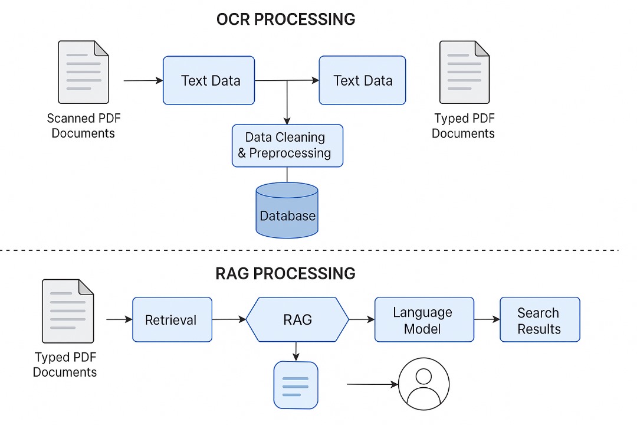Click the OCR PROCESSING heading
click(285, 19)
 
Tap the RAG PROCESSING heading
click(285, 274)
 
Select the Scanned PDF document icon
click(83, 72)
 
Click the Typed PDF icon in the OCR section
click(464, 72)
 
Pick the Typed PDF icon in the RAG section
click(68, 311)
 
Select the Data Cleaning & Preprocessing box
click(287, 145)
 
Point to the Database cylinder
click(287, 211)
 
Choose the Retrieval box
click(172, 319)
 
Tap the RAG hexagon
click(297, 319)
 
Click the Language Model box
click(424, 319)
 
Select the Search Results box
click(540, 319)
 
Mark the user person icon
click(423, 384)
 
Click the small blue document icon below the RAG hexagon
click(296, 385)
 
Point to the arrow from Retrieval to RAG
click(229, 319)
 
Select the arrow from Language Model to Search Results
click(487, 319)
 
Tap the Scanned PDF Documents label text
click(83, 126)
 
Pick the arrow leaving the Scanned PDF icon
click(143, 80)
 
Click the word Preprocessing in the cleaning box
click(290, 153)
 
